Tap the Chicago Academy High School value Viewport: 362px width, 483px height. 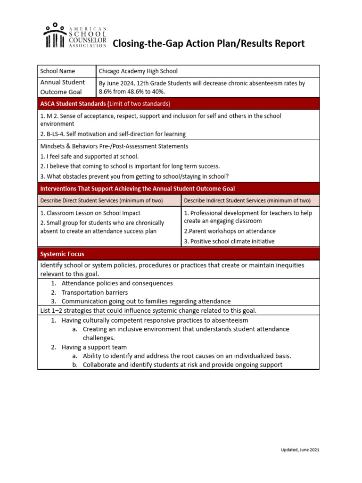138,71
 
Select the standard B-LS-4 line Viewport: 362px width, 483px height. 113,134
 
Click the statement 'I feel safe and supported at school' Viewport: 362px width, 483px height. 90,156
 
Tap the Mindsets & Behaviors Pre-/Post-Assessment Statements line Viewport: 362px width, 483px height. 114,146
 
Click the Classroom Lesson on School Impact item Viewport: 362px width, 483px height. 90,213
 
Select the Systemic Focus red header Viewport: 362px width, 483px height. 62,254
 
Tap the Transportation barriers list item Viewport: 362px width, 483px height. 95,292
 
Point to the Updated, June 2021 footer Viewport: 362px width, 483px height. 297,450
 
